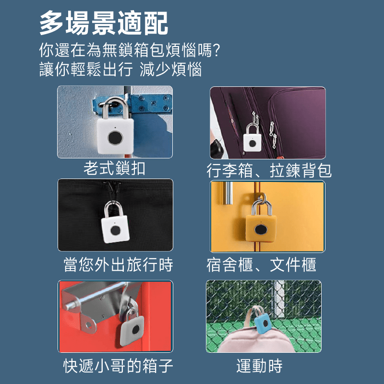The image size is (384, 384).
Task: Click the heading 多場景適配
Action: (x=104, y=23)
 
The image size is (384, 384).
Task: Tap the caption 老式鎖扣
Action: (x=114, y=168)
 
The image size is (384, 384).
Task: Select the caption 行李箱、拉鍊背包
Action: (x=269, y=170)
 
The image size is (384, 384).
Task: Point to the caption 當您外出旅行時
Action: (x=118, y=264)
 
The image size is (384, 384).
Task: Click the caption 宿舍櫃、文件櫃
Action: (x=261, y=264)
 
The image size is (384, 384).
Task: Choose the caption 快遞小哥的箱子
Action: (x=118, y=366)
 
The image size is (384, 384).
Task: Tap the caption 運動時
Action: (x=259, y=366)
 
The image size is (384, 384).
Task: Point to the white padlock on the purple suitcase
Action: (x=252, y=138)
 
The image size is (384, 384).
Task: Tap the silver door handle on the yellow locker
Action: (x=228, y=193)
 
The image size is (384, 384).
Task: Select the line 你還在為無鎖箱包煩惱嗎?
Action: (x=130, y=50)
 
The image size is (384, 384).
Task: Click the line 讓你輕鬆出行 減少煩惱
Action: (x=120, y=69)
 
